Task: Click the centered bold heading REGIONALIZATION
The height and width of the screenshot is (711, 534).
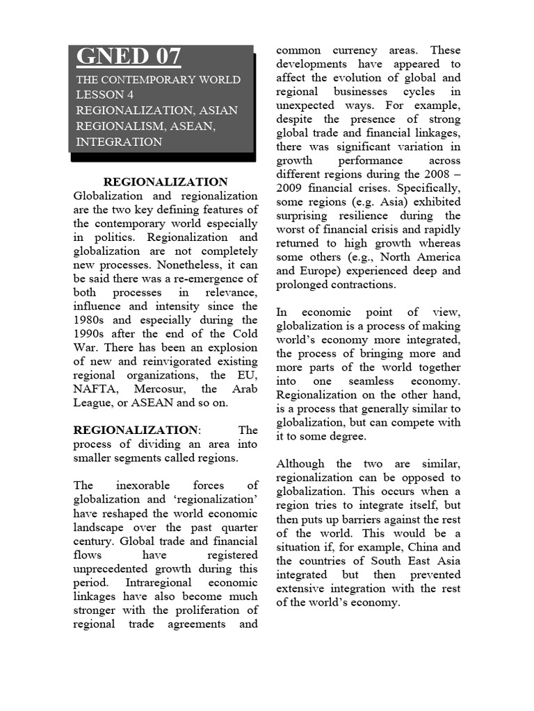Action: [165, 182]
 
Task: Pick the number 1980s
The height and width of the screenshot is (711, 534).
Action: [90, 320]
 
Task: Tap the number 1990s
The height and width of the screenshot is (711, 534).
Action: [90, 334]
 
